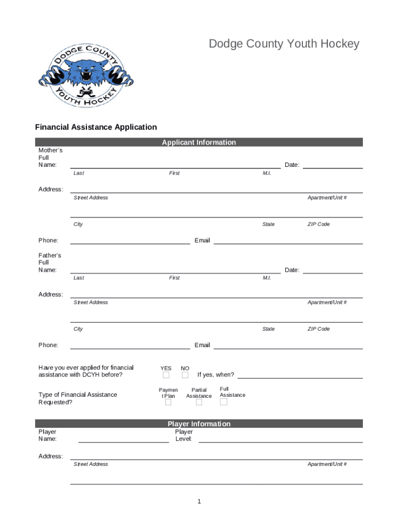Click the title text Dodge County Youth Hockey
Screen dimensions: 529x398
tap(284, 44)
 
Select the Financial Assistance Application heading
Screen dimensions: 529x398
tap(96, 127)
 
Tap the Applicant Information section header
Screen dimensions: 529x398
tap(198, 143)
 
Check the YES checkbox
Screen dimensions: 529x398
tap(166, 375)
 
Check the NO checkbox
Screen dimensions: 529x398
tap(185, 375)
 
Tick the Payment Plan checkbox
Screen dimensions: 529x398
tap(168, 403)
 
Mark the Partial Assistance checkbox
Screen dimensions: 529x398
tap(199, 403)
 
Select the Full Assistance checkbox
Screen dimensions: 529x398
tap(224, 402)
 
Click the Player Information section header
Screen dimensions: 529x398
tap(198, 424)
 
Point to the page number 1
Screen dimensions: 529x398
tap(198, 502)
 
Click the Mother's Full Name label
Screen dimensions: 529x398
tap(50, 158)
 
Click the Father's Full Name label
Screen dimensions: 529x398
tap(50, 262)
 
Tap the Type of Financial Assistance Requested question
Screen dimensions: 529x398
tap(78, 398)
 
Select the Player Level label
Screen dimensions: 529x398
tap(184, 435)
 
